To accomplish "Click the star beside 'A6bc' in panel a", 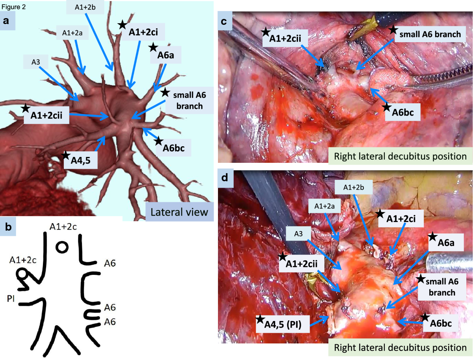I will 158,140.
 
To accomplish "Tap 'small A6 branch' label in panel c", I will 429,35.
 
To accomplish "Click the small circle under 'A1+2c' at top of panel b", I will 61,248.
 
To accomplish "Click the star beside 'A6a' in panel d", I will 432,236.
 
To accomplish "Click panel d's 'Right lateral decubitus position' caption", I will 400,347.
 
